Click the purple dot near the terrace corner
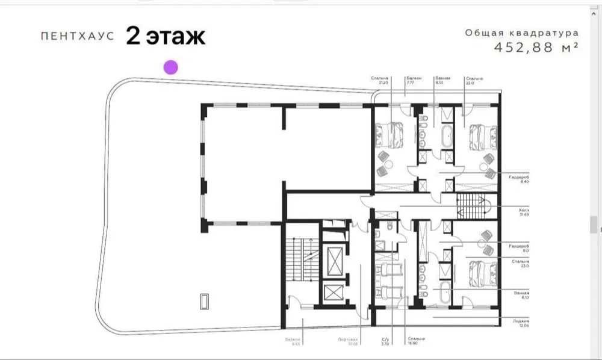(x=171, y=67)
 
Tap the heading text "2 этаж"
(x=166, y=36)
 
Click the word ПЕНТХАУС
(x=77, y=37)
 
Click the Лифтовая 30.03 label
(x=348, y=343)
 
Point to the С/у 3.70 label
(x=385, y=343)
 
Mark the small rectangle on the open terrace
(x=205, y=301)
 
